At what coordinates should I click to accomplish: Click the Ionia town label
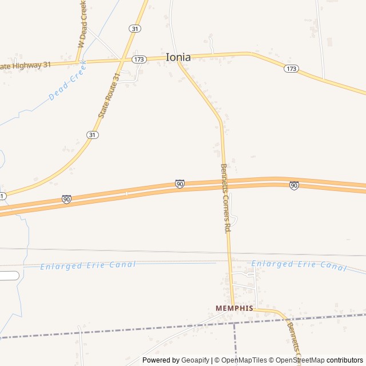pos(178,57)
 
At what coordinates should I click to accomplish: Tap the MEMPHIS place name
pos(234,308)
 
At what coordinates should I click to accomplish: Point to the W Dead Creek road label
pos(83,24)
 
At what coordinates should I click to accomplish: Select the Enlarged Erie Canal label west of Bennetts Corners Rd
pos(88,265)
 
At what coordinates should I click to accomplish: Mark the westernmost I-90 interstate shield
pos(66,199)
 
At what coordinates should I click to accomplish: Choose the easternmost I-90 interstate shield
pos(294,185)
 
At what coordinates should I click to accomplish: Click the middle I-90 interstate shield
pos(180,184)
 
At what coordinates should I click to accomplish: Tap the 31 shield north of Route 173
pos(134,28)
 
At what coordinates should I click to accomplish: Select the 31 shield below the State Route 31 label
pos(93,134)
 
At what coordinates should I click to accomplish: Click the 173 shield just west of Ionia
pos(138,59)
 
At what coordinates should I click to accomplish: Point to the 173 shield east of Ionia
pos(291,69)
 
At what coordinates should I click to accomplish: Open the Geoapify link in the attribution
pos(196,360)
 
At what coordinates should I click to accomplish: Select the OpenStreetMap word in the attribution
pos(300,360)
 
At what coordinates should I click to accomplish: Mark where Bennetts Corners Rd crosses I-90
pos(224,182)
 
